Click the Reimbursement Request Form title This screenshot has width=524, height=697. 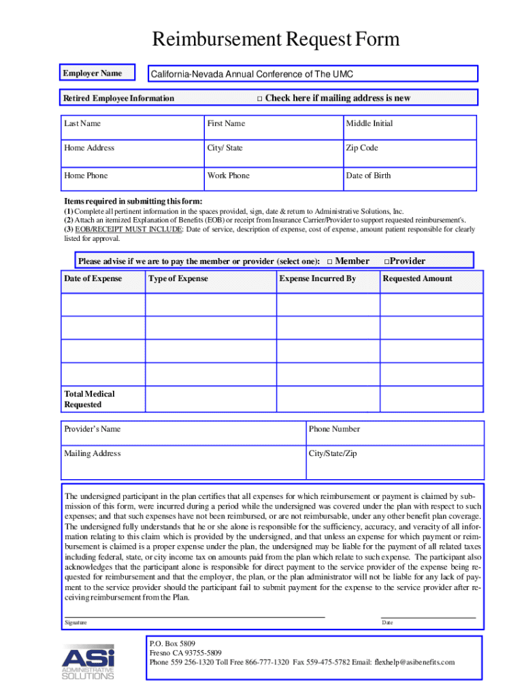[276, 40]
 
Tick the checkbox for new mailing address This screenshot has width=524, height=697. [259, 99]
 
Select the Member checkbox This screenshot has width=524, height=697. [329, 261]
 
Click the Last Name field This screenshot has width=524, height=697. [133, 127]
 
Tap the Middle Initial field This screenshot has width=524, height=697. [410, 127]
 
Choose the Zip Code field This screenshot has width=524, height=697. [410, 152]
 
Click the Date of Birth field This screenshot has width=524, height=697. [410, 180]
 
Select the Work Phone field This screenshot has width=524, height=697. [272, 180]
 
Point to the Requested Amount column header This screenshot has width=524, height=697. [417, 278]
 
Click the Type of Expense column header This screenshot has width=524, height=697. [178, 278]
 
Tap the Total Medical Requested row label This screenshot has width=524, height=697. [89, 399]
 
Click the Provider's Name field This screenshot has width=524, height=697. [184, 433]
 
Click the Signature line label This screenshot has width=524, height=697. [76, 623]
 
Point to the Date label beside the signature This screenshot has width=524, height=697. [387, 623]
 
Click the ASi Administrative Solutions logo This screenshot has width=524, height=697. [88, 661]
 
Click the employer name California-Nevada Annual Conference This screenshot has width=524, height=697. [252, 74]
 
